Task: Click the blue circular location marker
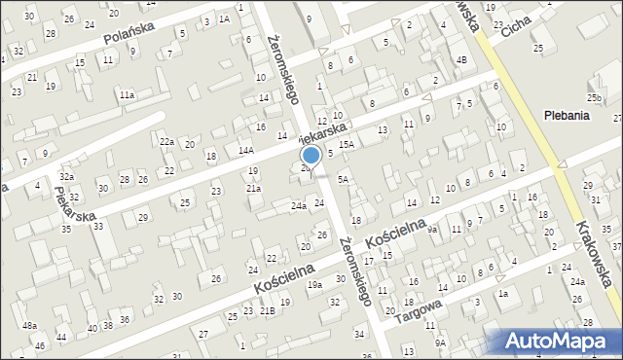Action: point(311,155)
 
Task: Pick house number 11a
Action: point(127,95)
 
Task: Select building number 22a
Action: point(167,142)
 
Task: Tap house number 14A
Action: point(246,150)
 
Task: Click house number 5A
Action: point(343,179)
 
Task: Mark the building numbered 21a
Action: point(253,188)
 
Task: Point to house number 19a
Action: point(314,284)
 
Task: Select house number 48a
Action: point(30,325)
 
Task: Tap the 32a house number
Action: point(66,176)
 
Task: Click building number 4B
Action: point(462,60)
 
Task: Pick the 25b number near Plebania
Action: point(594,98)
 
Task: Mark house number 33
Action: point(98,226)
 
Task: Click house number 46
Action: point(40,345)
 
